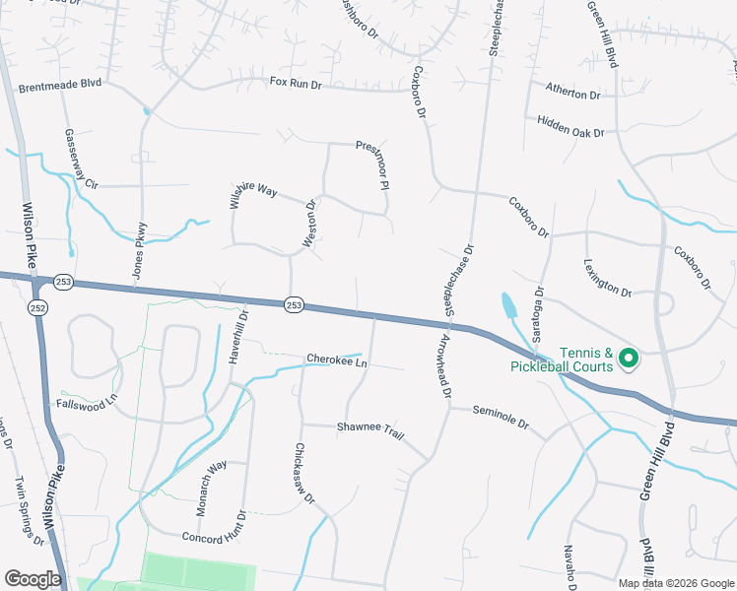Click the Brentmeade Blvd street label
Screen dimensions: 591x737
pyautogui.click(x=60, y=87)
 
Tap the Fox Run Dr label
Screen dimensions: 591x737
pyautogui.click(x=296, y=85)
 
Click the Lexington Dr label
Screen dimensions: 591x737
pyautogui.click(x=606, y=278)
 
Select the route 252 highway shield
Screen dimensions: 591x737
pyautogui.click(x=34, y=307)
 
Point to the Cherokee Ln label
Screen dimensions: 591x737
pyautogui.click(x=336, y=361)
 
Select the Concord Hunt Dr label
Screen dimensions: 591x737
pyautogui.click(x=213, y=536)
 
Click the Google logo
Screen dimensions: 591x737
pyautogui.click(x=33, y=579)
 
